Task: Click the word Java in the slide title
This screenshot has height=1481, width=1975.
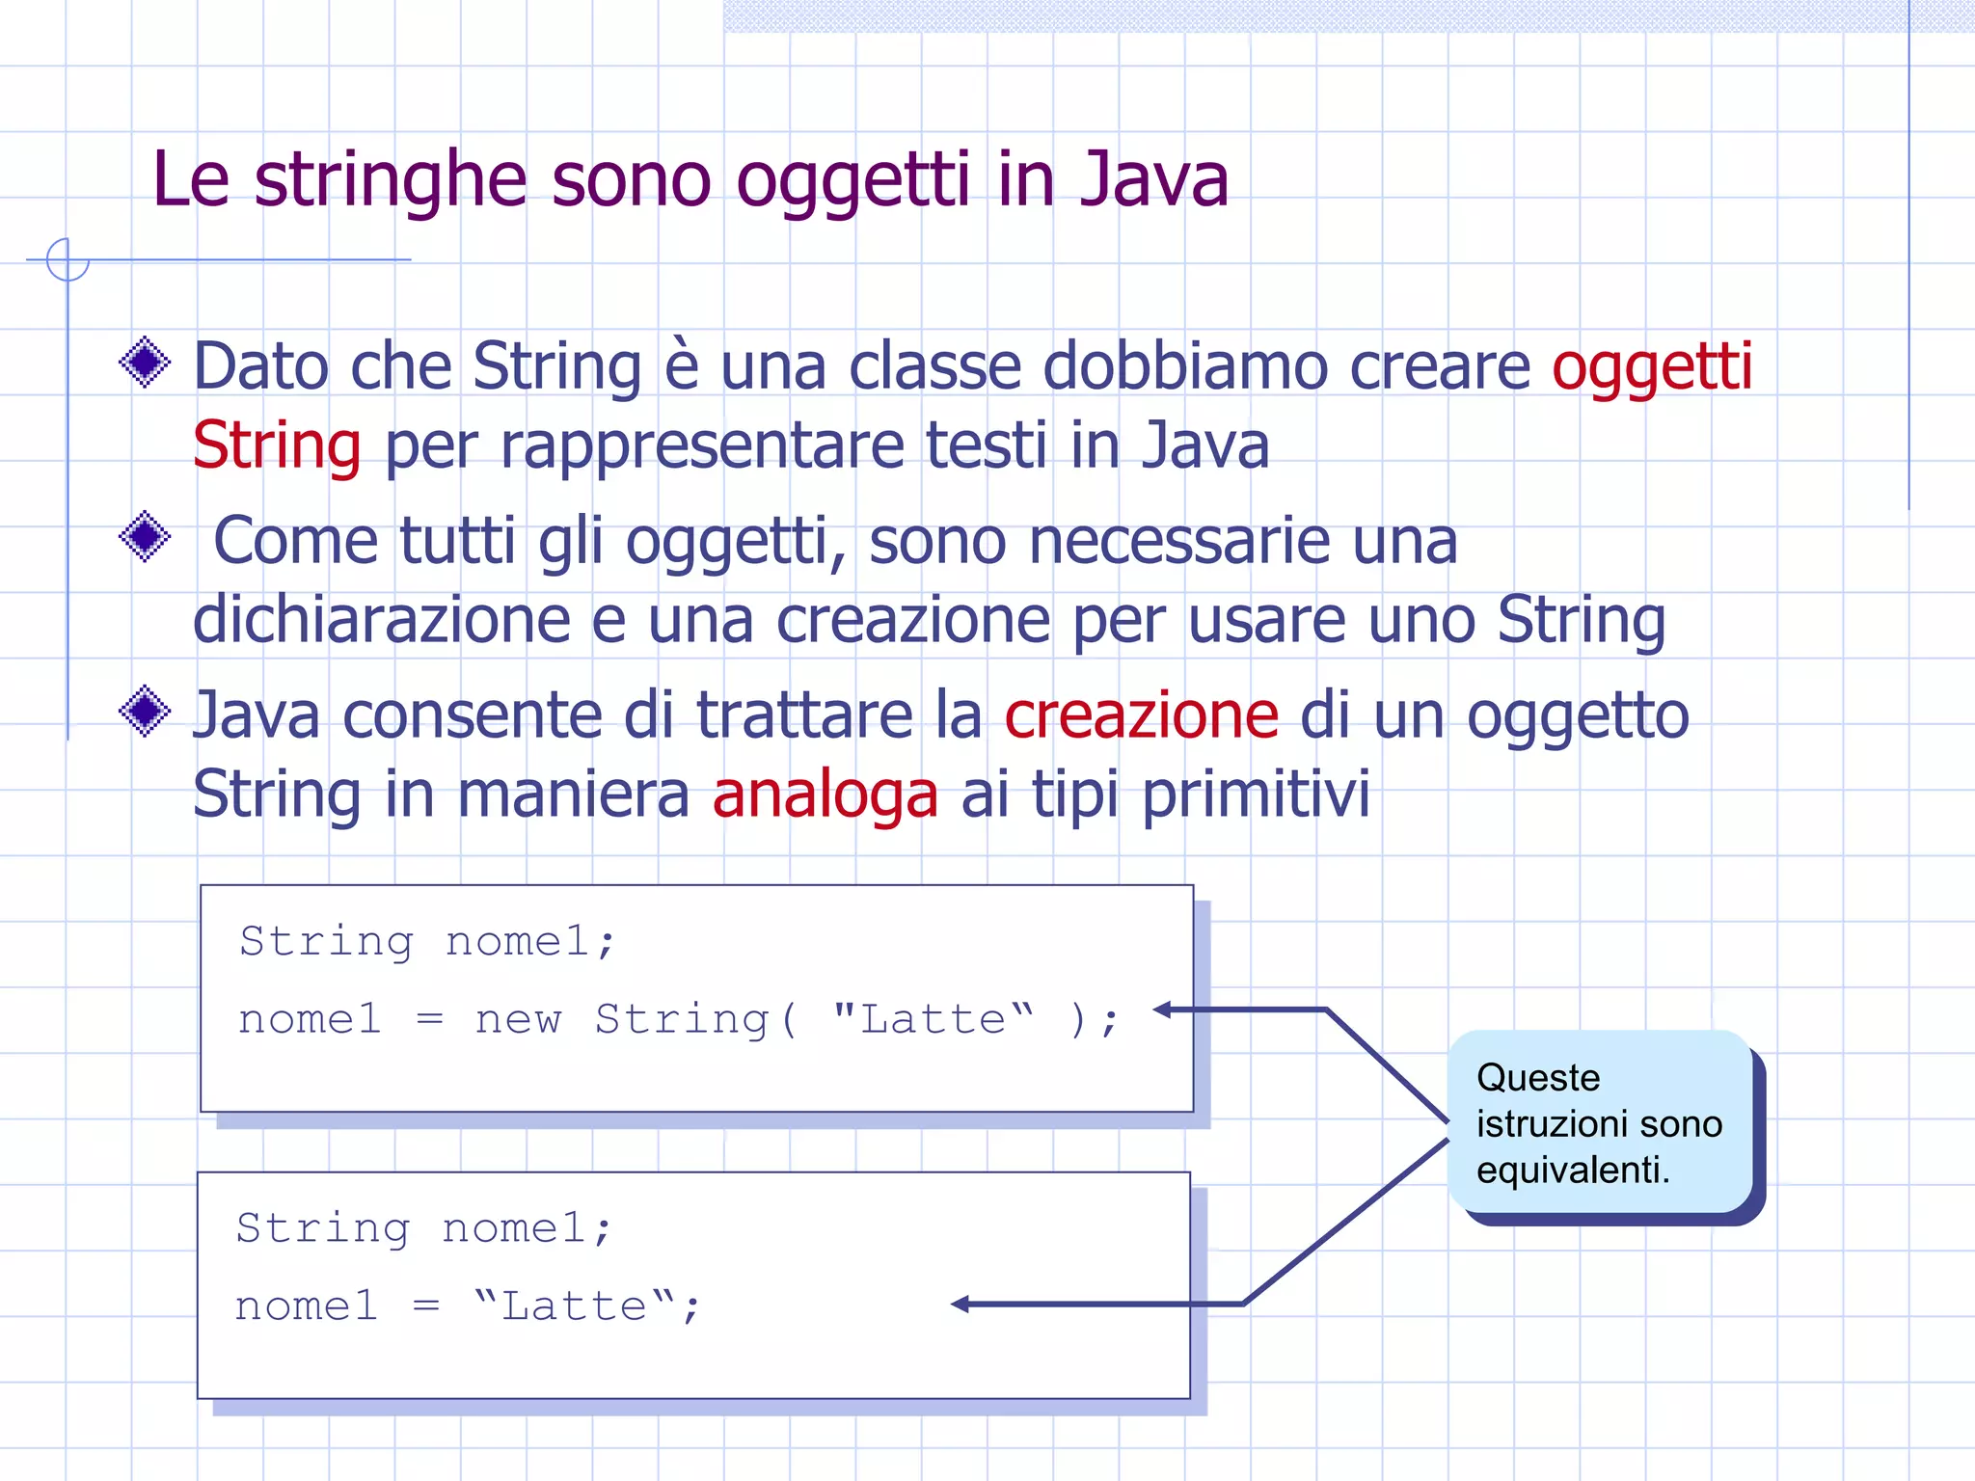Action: [1154, 179]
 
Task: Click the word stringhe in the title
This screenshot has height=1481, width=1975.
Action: [391, 181]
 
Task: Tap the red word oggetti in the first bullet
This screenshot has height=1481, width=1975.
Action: [1652, 367]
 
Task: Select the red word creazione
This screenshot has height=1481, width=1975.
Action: [1142, 715]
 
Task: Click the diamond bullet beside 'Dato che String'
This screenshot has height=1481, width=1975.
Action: [146, 363]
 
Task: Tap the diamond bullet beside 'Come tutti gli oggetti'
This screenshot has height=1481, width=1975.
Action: [146, 536]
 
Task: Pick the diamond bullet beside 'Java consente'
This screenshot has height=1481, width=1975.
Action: [146, 712]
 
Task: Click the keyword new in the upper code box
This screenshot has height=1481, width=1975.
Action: [518, 1019]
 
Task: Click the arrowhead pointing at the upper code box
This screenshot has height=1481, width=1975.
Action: [1163, 1010]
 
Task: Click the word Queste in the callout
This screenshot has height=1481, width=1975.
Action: [1538, 1078]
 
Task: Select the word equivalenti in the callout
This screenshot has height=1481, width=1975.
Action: [1572, 1171]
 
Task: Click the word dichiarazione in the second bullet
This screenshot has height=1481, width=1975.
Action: [382, 620]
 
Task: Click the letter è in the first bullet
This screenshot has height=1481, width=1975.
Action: [681, 366]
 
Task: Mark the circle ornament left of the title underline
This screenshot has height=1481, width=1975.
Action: [68, 259]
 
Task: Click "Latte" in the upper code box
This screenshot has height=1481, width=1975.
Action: [933, 1018]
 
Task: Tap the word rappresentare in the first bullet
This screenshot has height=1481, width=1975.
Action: [701, 446]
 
